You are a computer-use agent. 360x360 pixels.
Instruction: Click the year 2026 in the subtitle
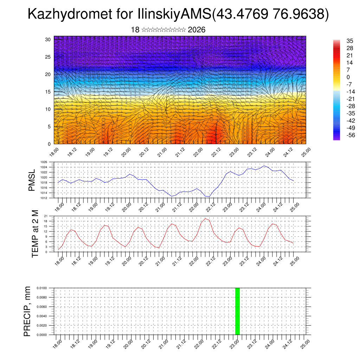coord(197,30)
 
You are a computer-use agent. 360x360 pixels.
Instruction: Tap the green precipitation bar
coord(237,311)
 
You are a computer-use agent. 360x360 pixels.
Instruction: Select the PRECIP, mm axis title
coord(27,311)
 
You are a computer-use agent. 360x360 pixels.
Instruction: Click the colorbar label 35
coord(349,41)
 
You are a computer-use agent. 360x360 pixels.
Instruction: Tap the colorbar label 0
coord(348,77)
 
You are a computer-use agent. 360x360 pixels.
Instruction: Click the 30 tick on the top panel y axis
coord(48,39)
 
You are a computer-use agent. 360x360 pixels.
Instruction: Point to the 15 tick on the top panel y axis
coord(48,92)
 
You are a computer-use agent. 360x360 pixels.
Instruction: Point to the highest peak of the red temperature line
coord(205,218)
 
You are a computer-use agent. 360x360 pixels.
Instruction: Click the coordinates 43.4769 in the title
coord(241,14)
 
